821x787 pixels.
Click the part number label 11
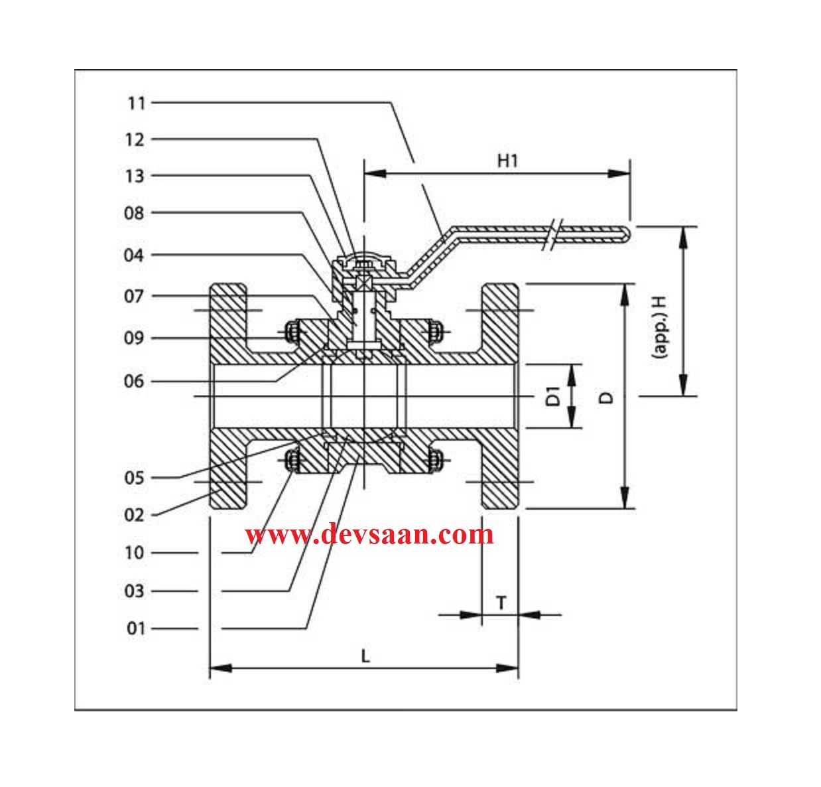[136, 103]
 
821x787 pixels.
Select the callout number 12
[135, 139]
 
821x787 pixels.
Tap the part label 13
[135, 176]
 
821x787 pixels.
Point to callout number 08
[135, 213]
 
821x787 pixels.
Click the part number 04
[135, 255]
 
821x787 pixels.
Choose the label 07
[135, 296]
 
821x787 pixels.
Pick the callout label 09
[135, 338]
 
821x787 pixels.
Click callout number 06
[135, 382]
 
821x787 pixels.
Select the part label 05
[135, 478]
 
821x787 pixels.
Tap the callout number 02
[135, 515]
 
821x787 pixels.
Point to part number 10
[135, 553]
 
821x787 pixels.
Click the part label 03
[135, 591]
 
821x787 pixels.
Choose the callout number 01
[136, 628]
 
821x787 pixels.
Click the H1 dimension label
[507, 161]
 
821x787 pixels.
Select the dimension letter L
[365, 656]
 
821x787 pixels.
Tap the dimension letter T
[501, 603]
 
